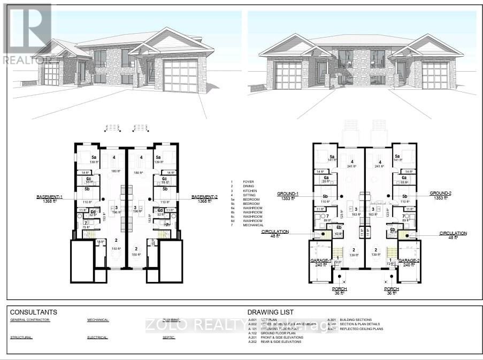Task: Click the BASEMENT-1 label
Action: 49,197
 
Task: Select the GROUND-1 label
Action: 288,193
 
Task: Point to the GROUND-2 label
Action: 441,193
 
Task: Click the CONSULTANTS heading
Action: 34,312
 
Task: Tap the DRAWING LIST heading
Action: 270,312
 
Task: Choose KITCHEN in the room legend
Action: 250,191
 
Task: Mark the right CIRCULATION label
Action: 453,233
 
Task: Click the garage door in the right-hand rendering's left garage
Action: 288,75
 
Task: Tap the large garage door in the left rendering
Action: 181,76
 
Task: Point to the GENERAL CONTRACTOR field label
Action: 30,320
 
